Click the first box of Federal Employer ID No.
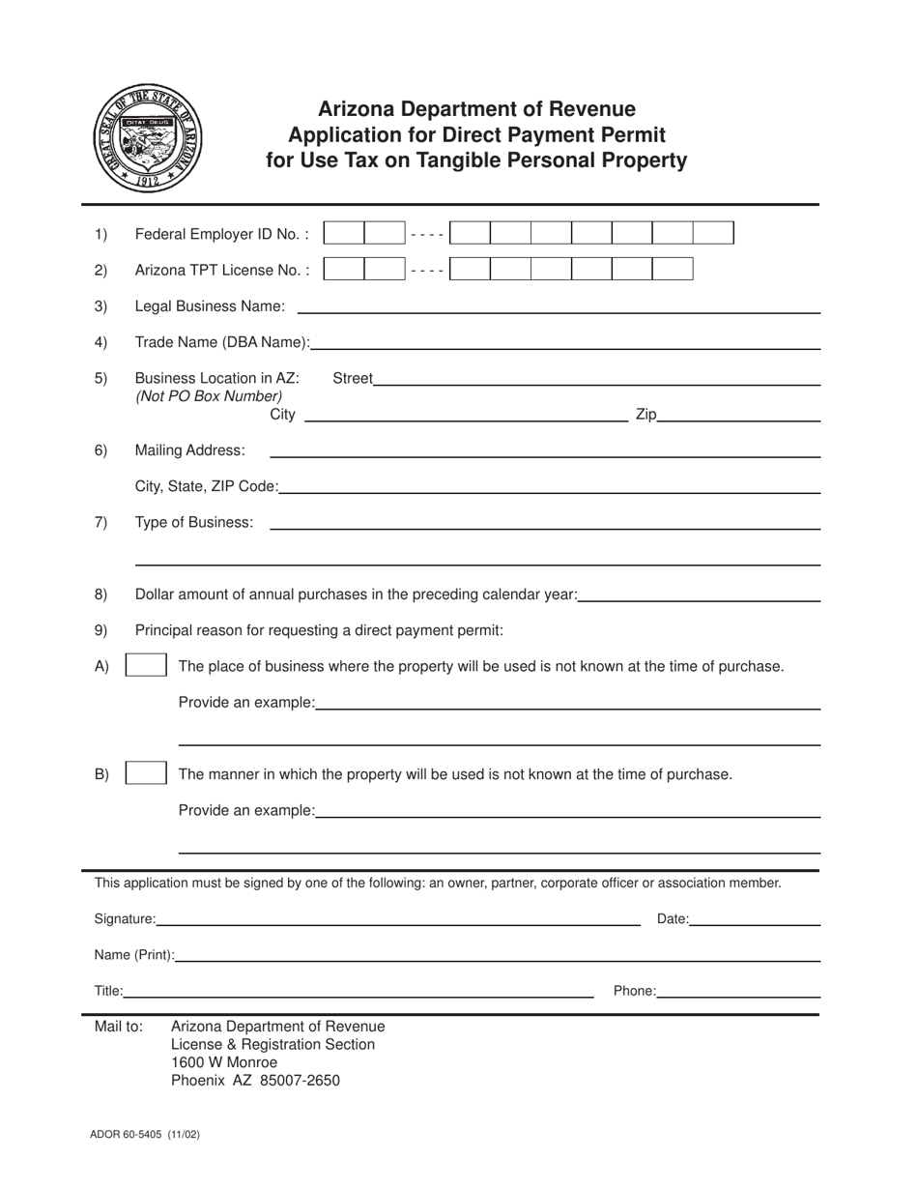pyautogui.click(x=343, y=233)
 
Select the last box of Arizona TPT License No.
pyautogui.click(x=674, y=270)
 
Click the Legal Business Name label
pyautogui.click(x=210, y=306)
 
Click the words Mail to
pyautogui.click(x=119, y=1027)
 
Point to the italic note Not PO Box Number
pyautogui.click(x=209, y=395)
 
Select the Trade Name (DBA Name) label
pyautogui.click(x=222, y=342)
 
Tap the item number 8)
pyautogui.click(x=101, y=594)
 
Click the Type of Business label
pyautogui.click(x=194, y=522)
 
